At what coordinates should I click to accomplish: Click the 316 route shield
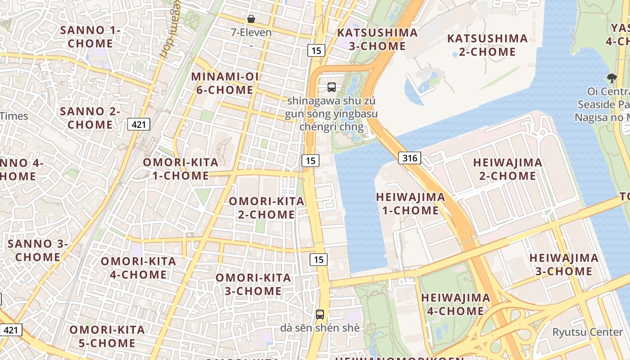(x=409, y=158)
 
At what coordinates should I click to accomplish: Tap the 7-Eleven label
(x=251, y=32)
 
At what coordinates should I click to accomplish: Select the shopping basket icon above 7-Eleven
(x=251, y=19)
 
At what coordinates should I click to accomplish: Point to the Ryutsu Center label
(x=588, y=332)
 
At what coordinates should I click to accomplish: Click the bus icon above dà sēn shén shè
(x=320, y=314)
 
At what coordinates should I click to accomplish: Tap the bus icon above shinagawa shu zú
(x=332, y=87)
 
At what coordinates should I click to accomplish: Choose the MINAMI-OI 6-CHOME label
(x=225, y=83)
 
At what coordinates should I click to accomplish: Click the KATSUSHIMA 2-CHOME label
(x=487, y=45)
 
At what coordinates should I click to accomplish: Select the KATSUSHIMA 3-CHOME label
(x=377, y=39)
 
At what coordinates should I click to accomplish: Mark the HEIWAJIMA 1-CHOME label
(x=410, y=203)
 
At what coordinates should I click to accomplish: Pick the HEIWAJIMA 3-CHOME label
(x=563, y=265)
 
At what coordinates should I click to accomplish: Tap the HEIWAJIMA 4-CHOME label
(x=455, y=304)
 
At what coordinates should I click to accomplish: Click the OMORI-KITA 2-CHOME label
(x=266, y=208)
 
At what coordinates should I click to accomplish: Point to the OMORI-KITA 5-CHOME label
(x=107, y=337)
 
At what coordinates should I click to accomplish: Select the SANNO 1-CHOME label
(x=90, y=37)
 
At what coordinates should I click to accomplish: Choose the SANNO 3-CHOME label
(x=38, y=250)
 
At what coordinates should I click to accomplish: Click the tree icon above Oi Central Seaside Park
(x=612, y=78)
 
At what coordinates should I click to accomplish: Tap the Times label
(x=14, y=116)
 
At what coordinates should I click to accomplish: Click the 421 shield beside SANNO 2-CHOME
(x=139, y=124)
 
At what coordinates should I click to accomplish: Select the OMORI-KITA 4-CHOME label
(x=138, y=268)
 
